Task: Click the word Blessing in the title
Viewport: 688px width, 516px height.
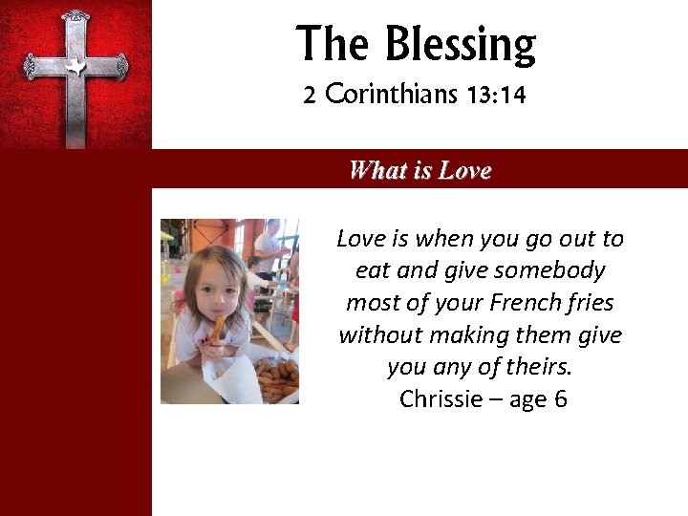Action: tap(461, 45)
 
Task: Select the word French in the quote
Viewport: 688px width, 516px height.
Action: tap(529, 303)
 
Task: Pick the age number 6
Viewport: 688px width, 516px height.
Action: tap(560, 399)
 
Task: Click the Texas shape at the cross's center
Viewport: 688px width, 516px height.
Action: tap(75, 66)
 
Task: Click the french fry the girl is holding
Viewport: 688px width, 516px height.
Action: tap(219, 331)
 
